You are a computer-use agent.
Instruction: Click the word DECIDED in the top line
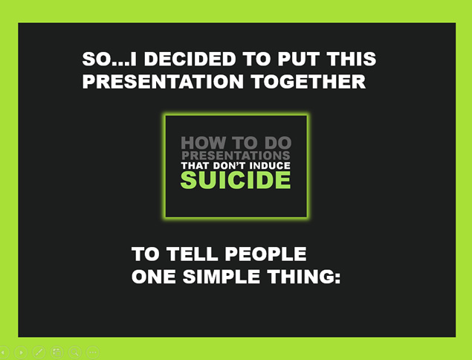point(190,59)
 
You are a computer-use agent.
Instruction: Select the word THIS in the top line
point(352,59)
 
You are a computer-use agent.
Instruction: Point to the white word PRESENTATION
point(163,81)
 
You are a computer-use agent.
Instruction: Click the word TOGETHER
point(308,81)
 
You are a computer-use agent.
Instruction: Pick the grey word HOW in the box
point(204,143)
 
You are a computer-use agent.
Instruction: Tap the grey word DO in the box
point(278,143)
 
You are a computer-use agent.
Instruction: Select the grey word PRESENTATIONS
point(236,155)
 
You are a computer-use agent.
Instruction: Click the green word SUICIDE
point(236,180)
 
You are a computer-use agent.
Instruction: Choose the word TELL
point(192,254)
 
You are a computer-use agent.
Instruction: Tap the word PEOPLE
point(266,254)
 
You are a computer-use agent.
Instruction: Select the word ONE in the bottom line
point(154,277)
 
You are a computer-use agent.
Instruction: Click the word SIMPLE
point(222,277)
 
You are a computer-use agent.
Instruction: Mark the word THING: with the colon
point(304,277)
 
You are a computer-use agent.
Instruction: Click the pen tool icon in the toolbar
point(39,352)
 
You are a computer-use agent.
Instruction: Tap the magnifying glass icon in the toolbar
point(75,352)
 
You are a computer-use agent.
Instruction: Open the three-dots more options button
point(93,352)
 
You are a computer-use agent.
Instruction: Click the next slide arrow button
point(21,352)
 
